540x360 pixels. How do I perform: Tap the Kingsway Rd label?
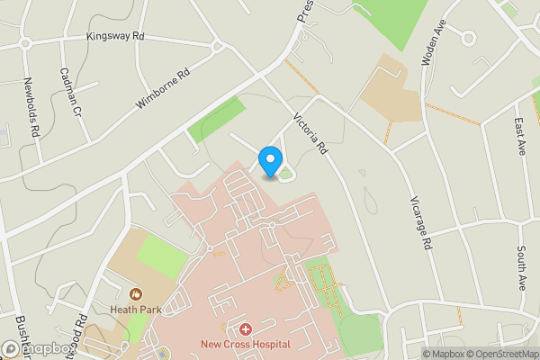[x=116, y=37]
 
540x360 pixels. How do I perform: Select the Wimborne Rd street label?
[x=165, y=91]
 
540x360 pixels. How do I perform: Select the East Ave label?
[x=519, y=135]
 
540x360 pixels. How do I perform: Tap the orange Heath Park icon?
[x=136, y=292]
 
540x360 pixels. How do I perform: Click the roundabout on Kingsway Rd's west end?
[x=25, y=42]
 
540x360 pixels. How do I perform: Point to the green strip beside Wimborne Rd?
[x=216, y=119]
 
